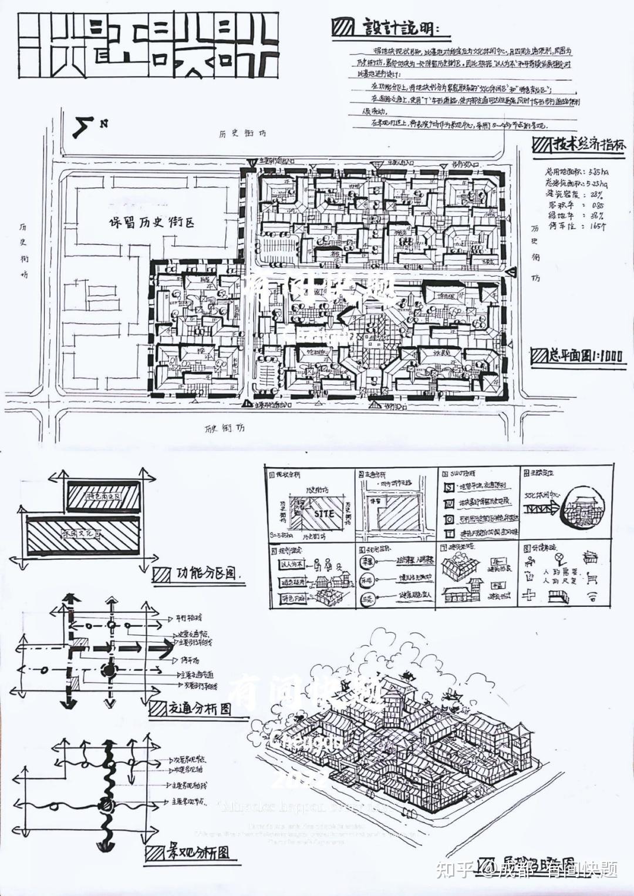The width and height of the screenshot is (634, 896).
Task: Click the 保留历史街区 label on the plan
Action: click(151, 223)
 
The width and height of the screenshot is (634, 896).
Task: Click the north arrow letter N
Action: click(103, 123)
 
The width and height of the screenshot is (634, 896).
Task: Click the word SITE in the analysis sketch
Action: click(323, 513)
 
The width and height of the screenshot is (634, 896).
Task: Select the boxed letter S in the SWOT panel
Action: click(449, 487)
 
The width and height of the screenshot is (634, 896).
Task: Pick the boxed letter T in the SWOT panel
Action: click(449, 533)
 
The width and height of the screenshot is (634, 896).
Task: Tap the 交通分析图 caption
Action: click(200, 708)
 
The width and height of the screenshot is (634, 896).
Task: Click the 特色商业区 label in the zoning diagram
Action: click(103, 496)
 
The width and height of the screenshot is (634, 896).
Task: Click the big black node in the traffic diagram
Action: click(108, 669)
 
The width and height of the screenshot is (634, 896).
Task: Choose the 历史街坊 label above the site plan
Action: click(242, 133)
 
